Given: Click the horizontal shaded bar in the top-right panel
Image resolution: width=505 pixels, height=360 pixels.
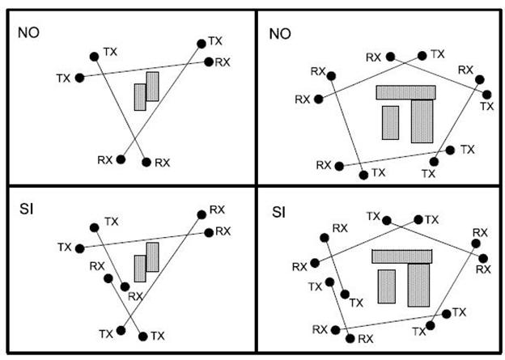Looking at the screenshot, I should [x=406, y=92].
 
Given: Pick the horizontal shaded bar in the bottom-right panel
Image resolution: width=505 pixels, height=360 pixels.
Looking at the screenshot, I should [x=403, y=256].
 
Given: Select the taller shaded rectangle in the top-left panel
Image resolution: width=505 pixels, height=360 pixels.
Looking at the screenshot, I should [x=152, y=87].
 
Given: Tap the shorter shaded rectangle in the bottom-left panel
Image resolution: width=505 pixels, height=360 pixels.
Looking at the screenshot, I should [x=140, y=268].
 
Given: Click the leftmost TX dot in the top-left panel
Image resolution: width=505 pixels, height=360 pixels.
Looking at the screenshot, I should [x=79, y=78].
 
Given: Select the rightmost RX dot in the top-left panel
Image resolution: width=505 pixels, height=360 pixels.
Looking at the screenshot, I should [x=209, y=61].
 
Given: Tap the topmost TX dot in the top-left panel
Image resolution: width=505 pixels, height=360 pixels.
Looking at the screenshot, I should [x=200, y=43].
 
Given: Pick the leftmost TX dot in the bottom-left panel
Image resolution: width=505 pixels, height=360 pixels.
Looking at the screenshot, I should [x=79, y=247].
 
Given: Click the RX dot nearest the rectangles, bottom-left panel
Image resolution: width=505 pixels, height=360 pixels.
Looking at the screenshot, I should [x=125, y=286].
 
